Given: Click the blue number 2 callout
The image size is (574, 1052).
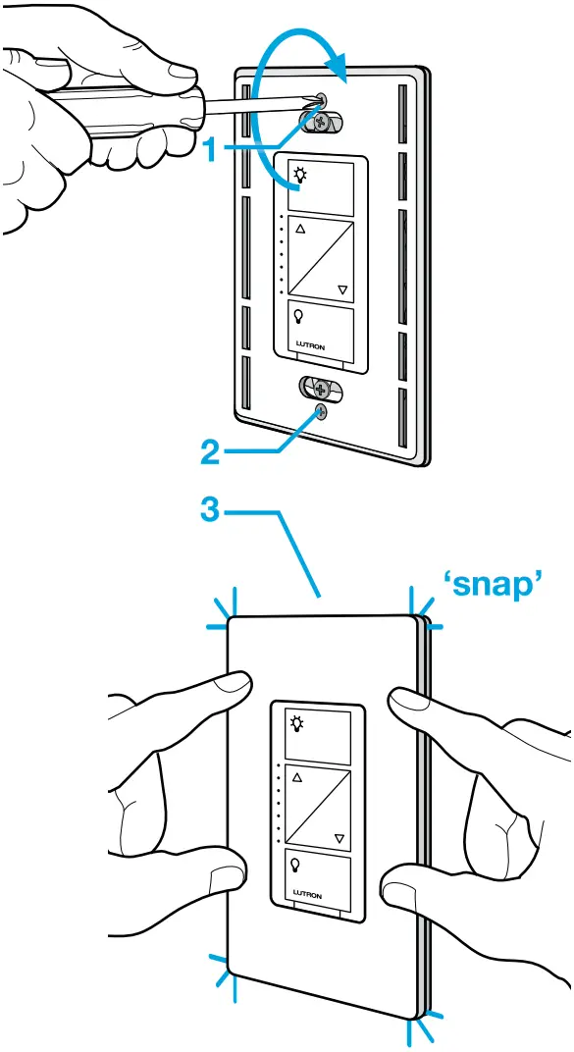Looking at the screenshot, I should [x=209, y=453].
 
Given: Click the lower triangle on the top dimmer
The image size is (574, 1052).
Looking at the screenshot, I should [x=342, y=289].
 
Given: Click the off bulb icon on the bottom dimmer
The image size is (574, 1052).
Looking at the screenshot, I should [x=295, y=865].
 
